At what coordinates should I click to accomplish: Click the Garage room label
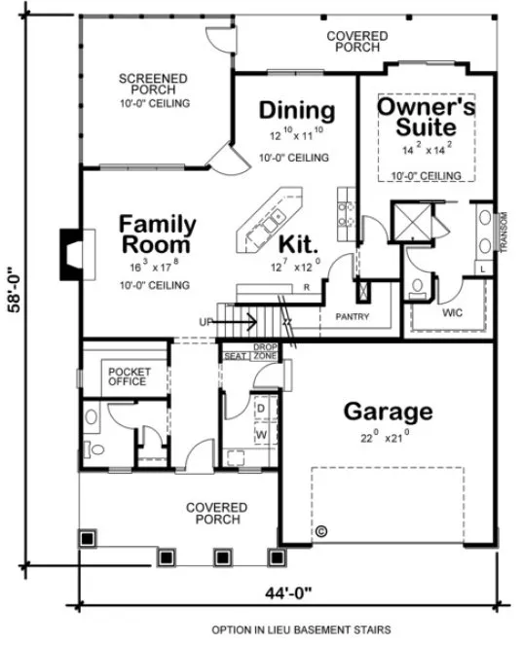pyautogui.click(x=388, y=411)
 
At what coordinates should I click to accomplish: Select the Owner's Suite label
pyautogui.click(x=426, y=117)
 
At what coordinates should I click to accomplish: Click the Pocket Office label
pyautogui.click(x=127, y=377)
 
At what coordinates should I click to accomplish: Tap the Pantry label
pyautogui.click(x=350, y=317)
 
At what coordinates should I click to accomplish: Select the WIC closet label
pyautogui.click(x=451, y=314)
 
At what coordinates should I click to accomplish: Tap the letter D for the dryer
pyautogui.click(x=261, y=408)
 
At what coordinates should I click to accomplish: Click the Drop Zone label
pyautogui.click(x=266, y=352)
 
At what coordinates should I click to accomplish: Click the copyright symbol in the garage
pyautogui.click(x=321, y=530)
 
